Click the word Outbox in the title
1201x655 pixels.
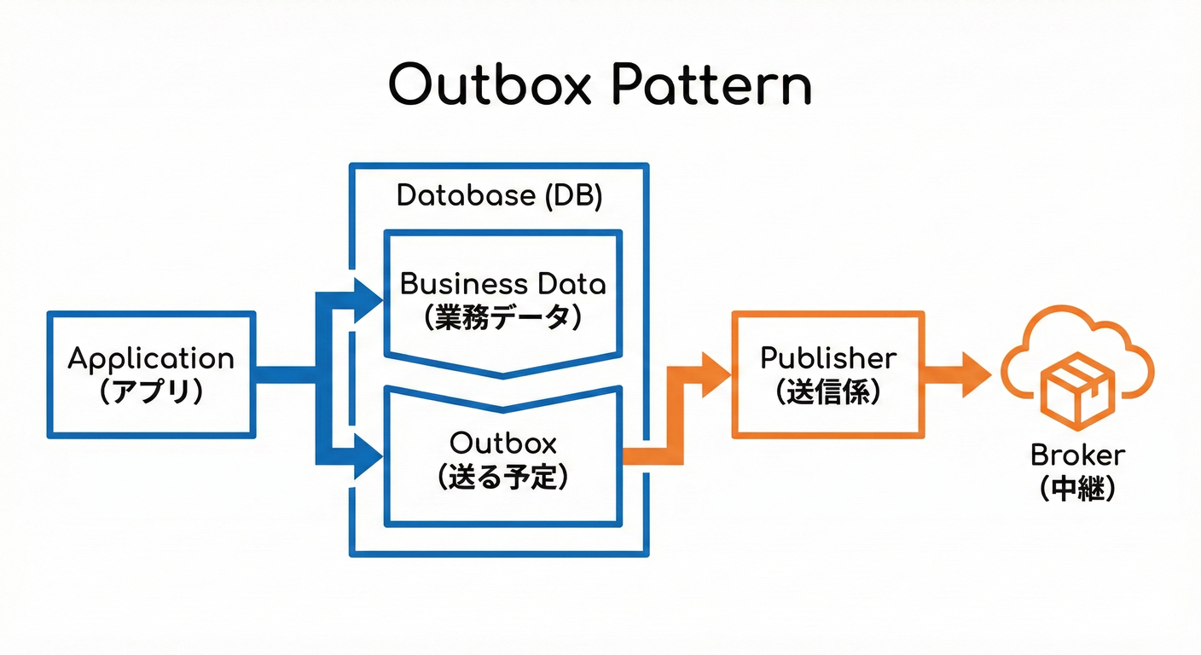click(487, 85)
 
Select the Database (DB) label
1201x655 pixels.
click(500, 196)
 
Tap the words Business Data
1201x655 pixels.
click(503, 283)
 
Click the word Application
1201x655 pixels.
click(151, 358)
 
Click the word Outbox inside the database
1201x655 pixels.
click(503, 443)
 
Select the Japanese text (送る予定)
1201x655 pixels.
click(503, 477)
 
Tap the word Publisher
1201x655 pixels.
click(828, 357)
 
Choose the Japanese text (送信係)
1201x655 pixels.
click(828, 391)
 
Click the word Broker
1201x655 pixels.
click(1078, 455)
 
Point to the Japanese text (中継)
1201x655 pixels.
click(1078, 490)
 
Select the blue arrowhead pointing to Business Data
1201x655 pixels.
click(368, 300)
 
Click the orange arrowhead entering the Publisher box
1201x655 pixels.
click(716, 374)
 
